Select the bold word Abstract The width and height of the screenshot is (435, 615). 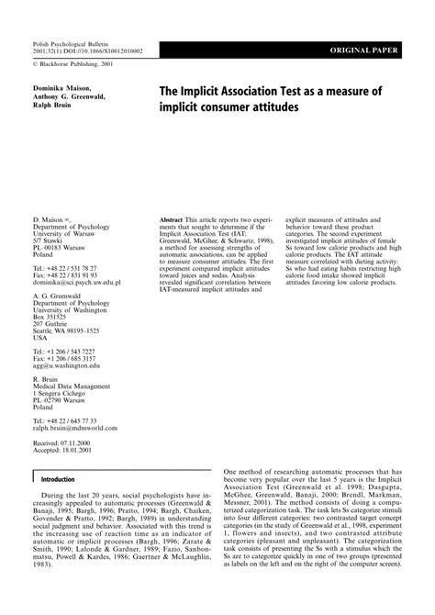172,222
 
